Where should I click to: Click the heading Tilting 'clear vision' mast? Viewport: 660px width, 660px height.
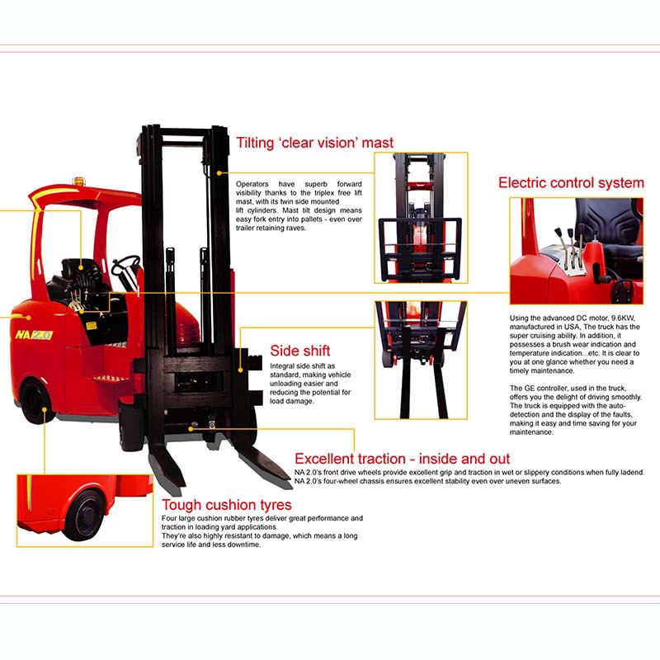314,143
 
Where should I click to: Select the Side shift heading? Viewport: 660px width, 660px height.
300,351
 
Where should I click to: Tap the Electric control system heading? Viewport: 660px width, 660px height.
571,182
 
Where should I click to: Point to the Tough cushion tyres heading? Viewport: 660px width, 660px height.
226,505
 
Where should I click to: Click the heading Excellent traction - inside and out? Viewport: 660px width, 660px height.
402,459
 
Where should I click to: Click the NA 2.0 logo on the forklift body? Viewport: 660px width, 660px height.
34,335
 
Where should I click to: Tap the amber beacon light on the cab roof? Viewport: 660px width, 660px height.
78,181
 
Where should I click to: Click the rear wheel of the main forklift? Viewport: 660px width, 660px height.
36,402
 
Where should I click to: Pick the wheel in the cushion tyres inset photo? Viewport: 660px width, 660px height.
85,514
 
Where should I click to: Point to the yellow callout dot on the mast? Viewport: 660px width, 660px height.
219,173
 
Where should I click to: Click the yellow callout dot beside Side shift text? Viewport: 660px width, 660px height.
240,370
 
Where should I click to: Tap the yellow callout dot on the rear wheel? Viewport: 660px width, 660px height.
45,408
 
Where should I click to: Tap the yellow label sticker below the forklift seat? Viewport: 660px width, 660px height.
92,325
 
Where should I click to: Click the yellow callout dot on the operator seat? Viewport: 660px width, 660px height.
81,266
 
